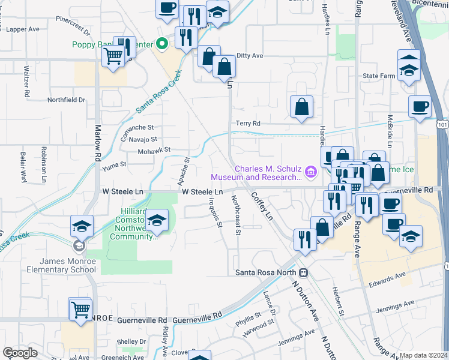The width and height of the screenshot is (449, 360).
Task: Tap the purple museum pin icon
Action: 310,173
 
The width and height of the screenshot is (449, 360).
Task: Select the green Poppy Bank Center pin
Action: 161,44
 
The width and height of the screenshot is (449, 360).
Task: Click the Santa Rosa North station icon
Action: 304,272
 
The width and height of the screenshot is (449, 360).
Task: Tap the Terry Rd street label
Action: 247,124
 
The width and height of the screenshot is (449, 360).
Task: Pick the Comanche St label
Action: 137,128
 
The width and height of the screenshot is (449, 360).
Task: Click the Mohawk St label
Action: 155,149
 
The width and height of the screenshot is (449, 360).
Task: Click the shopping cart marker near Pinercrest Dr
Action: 113,56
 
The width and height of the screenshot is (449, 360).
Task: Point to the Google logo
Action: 20,353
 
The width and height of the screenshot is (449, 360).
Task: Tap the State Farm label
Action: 379,76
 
